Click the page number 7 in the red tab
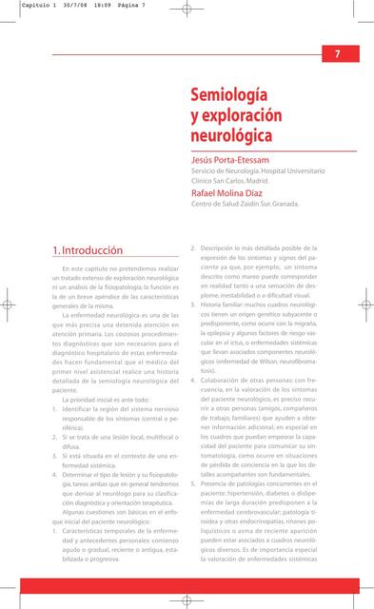coord(338,54)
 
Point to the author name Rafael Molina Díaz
coord(233,192)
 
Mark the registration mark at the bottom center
coord(187,599)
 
